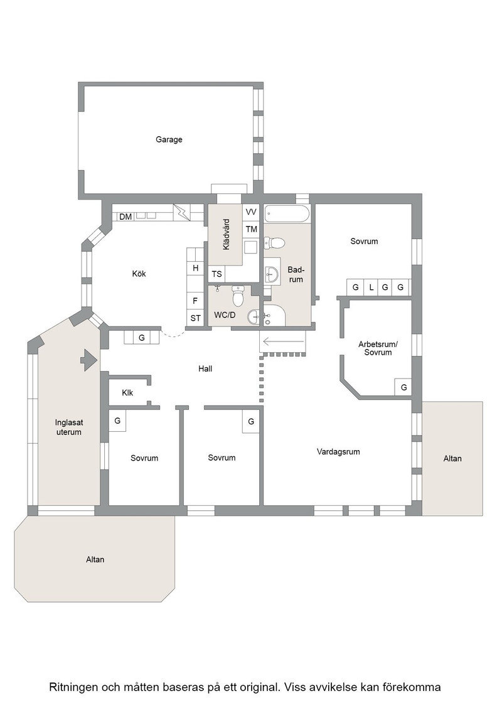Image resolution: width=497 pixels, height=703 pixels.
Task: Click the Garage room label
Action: [x=169, y=139]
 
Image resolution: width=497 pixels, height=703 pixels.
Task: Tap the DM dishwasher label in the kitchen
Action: [x=126, y=217]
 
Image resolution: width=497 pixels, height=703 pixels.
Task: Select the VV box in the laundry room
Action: [x=251, y=212]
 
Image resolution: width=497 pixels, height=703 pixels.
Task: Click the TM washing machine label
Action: [x=252, y=229]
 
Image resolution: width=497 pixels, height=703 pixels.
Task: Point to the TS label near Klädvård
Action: [x=217, y=274]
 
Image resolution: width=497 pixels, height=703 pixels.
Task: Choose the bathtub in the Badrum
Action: [x=287, y=214]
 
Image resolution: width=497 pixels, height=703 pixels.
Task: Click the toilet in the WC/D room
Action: [x=238, y=296]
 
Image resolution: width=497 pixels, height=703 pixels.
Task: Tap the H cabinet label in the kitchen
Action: [x=195, y=268]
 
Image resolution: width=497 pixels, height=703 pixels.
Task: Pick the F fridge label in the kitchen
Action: [x=195, y=301]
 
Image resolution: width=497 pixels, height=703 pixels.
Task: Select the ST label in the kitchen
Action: [x=195, y=318]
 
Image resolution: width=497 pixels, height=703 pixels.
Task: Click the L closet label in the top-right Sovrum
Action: [x=371, y=287]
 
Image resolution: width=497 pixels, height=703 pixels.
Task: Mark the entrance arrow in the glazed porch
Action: [x=88, y=360]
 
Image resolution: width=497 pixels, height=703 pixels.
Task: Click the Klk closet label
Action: [x=127, y=393]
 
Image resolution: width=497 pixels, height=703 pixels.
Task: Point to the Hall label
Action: [x=205, y=368]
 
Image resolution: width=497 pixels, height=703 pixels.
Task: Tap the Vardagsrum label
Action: [x=338, y=451]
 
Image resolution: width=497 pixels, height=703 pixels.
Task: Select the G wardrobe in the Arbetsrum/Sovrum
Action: [x=403, y=387]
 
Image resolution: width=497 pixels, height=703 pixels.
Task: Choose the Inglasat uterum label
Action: [x=69, y=427]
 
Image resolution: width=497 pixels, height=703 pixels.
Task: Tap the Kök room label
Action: [x=139, y=274]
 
